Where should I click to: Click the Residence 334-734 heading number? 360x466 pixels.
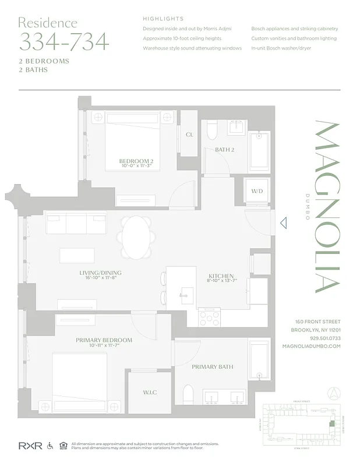tap(63, 42)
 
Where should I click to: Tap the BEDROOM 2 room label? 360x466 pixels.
tap(136, 161)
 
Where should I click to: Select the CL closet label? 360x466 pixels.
tap(189, 135)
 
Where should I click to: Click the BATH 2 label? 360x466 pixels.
tap(224, 150)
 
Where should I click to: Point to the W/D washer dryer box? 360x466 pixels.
tap(257, 190)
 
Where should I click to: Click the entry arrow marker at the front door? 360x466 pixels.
tap(283, 223)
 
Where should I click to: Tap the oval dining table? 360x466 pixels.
tap(138, 238)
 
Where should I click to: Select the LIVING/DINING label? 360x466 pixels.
tap(100, 273)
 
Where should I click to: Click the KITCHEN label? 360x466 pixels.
tap(221, 276)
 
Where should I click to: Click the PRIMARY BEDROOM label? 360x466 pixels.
tap(104, 340)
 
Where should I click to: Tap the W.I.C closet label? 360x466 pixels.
tap(150, 392)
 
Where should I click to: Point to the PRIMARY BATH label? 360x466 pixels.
tap(213, 367)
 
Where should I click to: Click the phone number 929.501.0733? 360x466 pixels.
tap(325, 338)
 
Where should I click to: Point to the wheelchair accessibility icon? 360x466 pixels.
tap(50, 446)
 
